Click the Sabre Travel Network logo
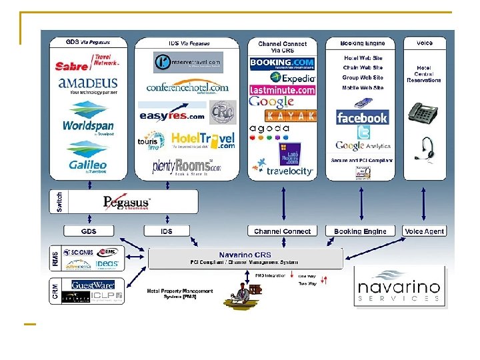(88, 63)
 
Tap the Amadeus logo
(88, 87)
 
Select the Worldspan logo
(88, 123)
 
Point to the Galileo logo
(88, 163)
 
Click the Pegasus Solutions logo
(127, 202)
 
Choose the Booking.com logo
(282, 65)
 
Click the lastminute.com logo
(282, 89)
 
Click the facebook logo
(361, 118)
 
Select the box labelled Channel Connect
(283, 231)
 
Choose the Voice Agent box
(425, 231)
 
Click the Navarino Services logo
(399, 287)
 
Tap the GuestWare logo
(93, 285)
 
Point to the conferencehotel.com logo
(187, 87)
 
